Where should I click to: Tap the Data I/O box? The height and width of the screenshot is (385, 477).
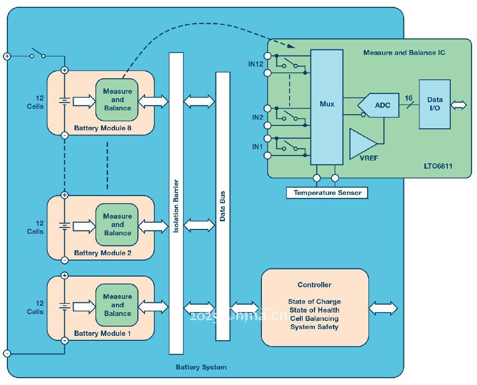(x=434, y=104)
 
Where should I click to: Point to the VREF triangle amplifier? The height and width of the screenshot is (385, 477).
(x=362, y=143)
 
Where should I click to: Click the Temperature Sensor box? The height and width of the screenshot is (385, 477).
(x=327, y=193)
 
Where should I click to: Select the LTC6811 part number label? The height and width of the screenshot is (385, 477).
(x=438, y=166)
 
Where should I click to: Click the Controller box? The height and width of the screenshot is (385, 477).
(x=314, y=307)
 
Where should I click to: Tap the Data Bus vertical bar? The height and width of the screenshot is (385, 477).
(x=222, y=206)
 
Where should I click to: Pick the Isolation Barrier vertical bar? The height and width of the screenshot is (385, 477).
(x=176, y=203)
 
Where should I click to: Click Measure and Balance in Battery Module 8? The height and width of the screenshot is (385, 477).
(x=117, y=100)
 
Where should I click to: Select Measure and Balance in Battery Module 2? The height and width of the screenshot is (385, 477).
(x=117, y=225)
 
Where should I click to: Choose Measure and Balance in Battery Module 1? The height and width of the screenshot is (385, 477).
(x=117, y=305)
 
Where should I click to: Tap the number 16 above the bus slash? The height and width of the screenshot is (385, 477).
(x=409, y=98)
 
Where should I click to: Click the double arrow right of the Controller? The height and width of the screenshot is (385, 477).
(x=383, y=308)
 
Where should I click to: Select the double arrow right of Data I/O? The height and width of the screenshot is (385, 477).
(x=459, y=105)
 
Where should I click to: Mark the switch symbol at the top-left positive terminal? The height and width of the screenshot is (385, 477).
(x=37, y=53)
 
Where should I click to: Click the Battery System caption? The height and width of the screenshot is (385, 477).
(x=201, y=367)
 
